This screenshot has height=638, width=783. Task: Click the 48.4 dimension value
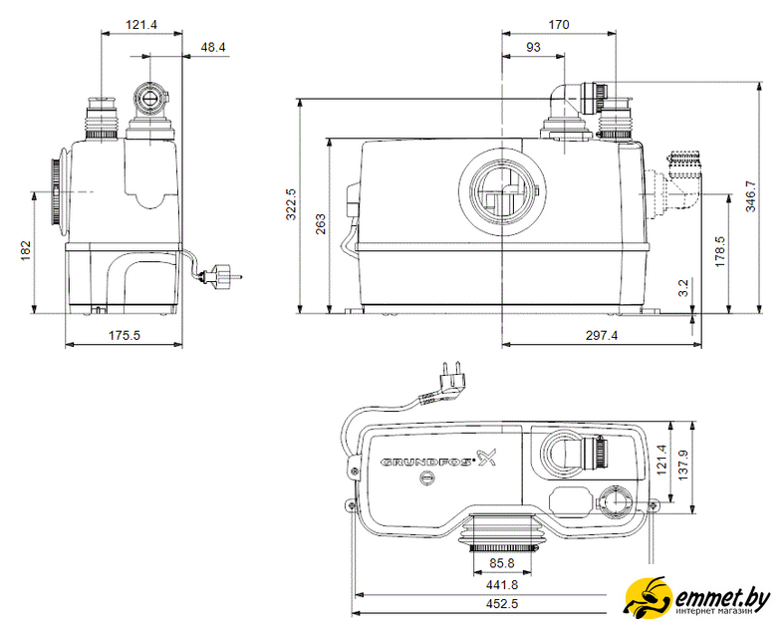click(213, 48)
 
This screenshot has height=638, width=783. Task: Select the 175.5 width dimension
click(125, 335)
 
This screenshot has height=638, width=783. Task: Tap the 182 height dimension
click(26, 251)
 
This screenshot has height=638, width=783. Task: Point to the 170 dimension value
click(558, 25)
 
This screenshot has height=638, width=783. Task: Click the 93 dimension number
click(533, 48)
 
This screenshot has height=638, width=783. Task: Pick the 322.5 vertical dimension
click(291, 203)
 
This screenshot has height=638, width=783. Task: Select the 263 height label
click(320, 224)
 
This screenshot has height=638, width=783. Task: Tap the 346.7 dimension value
click(750, 196)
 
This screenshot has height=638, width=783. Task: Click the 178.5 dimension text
click(719, 251)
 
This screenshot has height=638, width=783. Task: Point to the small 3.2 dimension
click(683, 288)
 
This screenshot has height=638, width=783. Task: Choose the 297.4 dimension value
click(602, 335)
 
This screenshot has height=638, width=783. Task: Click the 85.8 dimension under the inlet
click(501, 563)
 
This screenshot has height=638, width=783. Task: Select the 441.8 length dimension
click(502, 584)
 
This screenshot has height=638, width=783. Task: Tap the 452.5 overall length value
click(502, 603)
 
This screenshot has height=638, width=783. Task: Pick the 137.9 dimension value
click(683, 466)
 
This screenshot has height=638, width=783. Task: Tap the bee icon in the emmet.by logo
click(649, 596)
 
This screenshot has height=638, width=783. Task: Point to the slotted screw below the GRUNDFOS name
click(427, 478)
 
